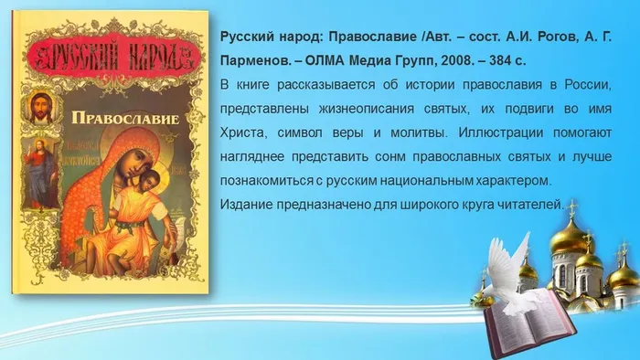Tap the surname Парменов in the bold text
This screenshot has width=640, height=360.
pos(258,61)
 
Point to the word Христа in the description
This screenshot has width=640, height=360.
pos(245,132)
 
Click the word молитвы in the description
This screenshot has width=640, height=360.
pos(411,132)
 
